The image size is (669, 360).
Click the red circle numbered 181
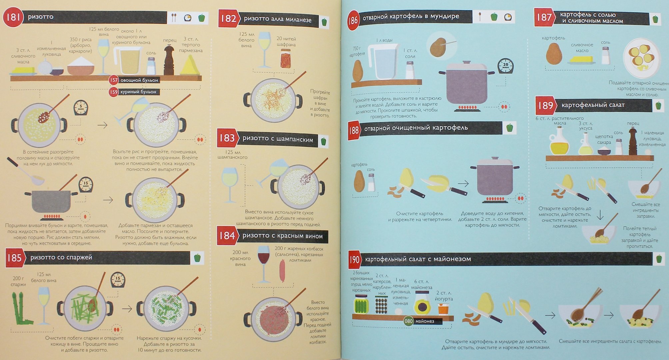(x=13, y=17)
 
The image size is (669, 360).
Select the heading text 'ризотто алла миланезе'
(x=278, y=19)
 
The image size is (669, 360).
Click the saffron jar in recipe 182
(x=286, y=58)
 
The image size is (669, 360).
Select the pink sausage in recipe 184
(x=282, y=271)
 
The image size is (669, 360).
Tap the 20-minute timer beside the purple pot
(x=505, y=66)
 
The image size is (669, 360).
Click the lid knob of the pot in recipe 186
(x=466, y=62)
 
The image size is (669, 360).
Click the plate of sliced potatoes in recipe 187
(x=641, y=58)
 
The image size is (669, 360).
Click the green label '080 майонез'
(x=422, y=321)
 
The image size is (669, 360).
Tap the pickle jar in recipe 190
(x=361, y=304)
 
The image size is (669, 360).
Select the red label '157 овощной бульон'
(x=134, y=80)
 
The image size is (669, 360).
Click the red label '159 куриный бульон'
(x=134, y=92)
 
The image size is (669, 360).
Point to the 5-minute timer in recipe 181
(x=81, y=108)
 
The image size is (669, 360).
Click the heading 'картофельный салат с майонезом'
(x=418, y=259)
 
